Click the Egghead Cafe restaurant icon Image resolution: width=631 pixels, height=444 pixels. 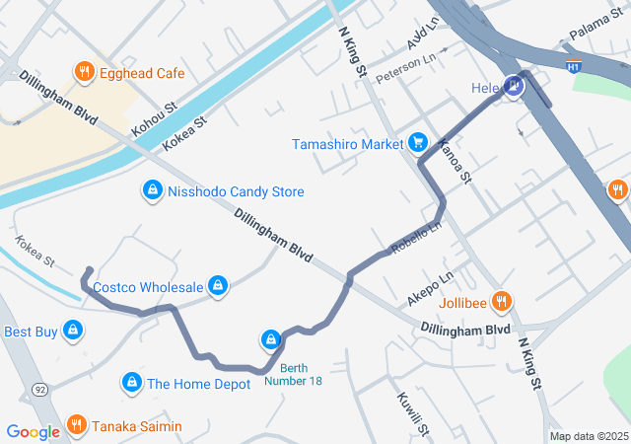pyautogui.click(x=84, y=73)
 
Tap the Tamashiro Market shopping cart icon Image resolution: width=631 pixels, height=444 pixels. pyautogui.click(x=418, y=143)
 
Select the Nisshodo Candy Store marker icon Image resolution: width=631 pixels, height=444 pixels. pyautogui.click(x=152, y=190)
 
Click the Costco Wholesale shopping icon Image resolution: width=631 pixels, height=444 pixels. pyautogui.click(x=218, y=286)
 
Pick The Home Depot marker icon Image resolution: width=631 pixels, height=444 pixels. pyautogui.click(x=131, y=383)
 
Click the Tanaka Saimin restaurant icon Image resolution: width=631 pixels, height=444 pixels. pyautogui.click(x=77, y=426)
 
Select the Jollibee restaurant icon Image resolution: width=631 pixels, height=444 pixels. pyautogui.click(x=501, y=302)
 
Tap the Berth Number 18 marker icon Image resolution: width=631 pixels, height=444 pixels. pyautogui.click(x=270, y=341)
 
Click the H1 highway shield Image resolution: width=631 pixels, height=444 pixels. pyautogui.click(x=574, y=67)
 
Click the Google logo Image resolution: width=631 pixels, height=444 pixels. pyautogui.click(x=34, y=431)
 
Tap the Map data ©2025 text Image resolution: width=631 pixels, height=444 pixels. pyautogui.click(x=589, y=436)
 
